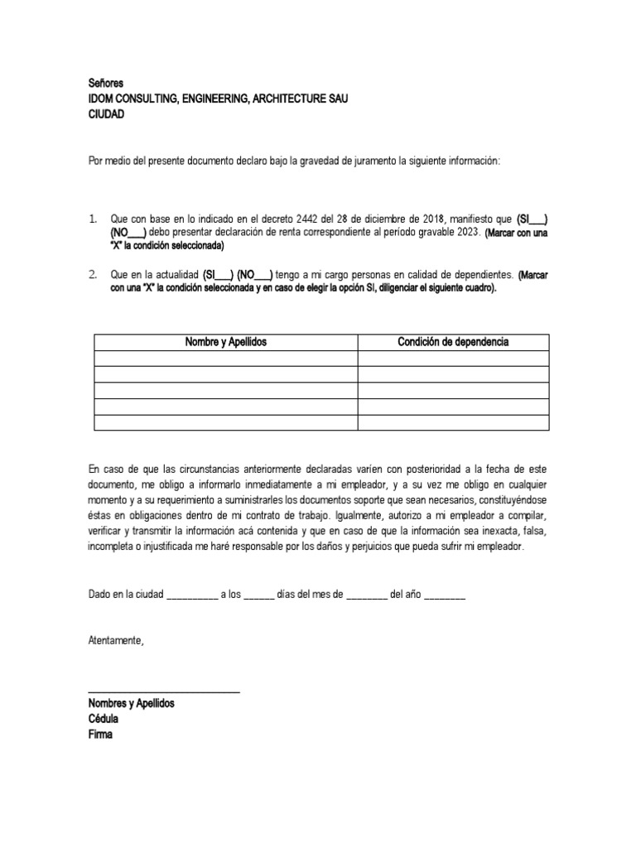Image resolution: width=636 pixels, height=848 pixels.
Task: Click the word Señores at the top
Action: tap(106, 84)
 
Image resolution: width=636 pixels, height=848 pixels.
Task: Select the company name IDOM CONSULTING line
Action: tap(218, 99)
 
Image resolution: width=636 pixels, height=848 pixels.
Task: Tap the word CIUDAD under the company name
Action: tap(106, 114)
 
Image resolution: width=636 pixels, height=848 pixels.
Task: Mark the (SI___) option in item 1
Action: tap(531, 219)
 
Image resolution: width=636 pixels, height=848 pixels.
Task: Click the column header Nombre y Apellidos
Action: tap(225, 342)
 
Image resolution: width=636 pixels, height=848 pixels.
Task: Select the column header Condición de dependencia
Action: tap(453, 342)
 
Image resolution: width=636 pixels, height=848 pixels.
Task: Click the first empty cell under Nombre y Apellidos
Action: tap(225, 359)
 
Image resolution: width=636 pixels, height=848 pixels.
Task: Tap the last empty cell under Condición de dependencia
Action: tap(453, 422)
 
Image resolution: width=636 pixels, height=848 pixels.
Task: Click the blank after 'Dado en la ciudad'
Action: tap(192, 595)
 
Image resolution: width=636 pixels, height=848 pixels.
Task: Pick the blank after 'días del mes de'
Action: tap(365, 595)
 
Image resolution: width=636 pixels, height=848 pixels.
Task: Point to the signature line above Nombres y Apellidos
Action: tap(164, 691)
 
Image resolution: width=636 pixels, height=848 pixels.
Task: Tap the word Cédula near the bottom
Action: tap(104, 718)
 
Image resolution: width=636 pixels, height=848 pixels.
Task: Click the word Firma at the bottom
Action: tap(100, 734)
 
